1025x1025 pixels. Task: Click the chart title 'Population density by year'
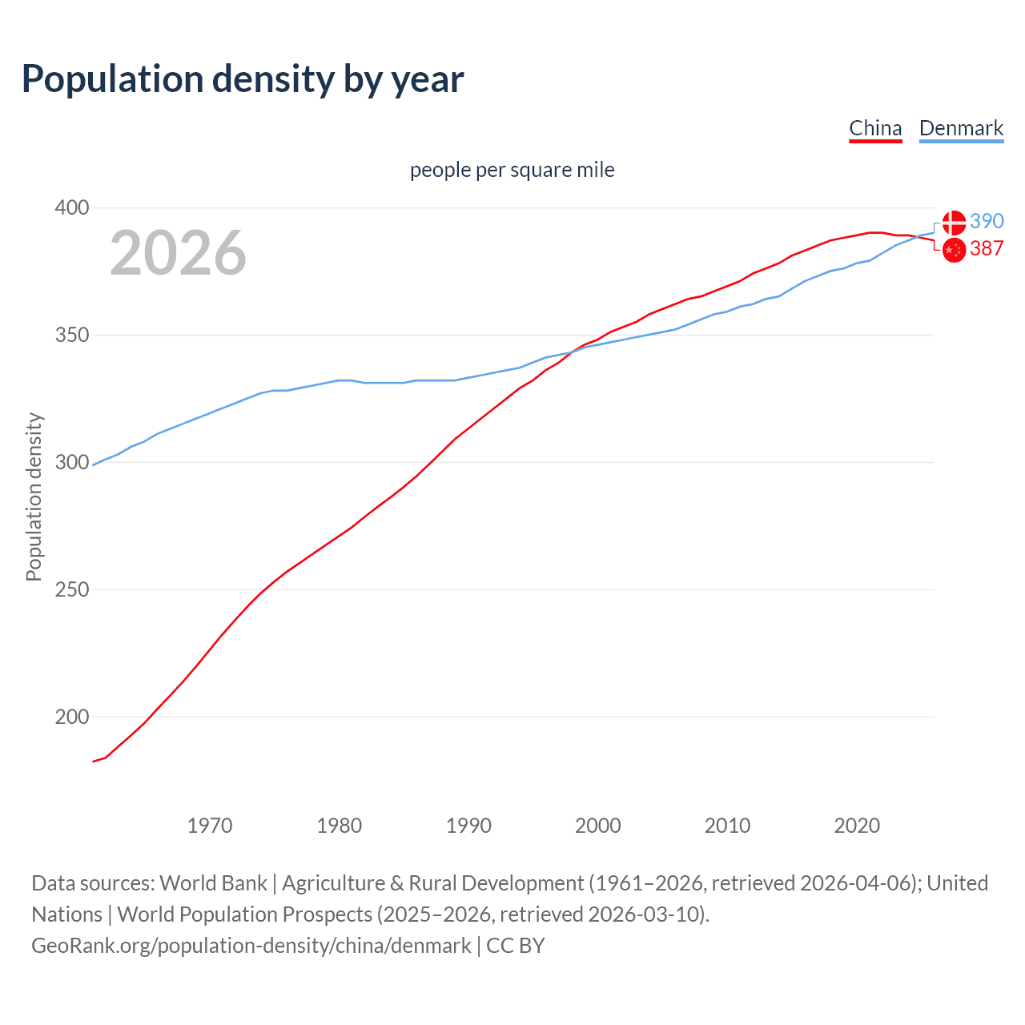243,79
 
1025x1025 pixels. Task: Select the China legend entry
875,128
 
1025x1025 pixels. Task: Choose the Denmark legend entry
961,128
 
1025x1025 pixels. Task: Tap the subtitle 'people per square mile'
512,170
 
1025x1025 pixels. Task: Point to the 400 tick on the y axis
71,208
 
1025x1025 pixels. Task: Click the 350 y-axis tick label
71,335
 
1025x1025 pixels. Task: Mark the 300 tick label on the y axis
71,463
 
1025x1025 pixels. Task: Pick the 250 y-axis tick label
71,590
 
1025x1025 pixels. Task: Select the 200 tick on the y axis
71,717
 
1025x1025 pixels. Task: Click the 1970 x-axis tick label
210,826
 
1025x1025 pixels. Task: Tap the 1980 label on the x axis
340,826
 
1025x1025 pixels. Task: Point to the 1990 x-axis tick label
468,826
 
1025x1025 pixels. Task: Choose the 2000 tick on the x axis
598,826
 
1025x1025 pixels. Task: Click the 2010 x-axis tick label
727,826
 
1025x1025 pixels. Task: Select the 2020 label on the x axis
857,826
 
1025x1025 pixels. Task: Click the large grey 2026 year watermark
178,253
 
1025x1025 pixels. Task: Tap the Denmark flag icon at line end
954,223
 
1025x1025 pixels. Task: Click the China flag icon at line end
954,250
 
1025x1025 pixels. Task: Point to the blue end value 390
987,222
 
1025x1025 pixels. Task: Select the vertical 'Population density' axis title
34,496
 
